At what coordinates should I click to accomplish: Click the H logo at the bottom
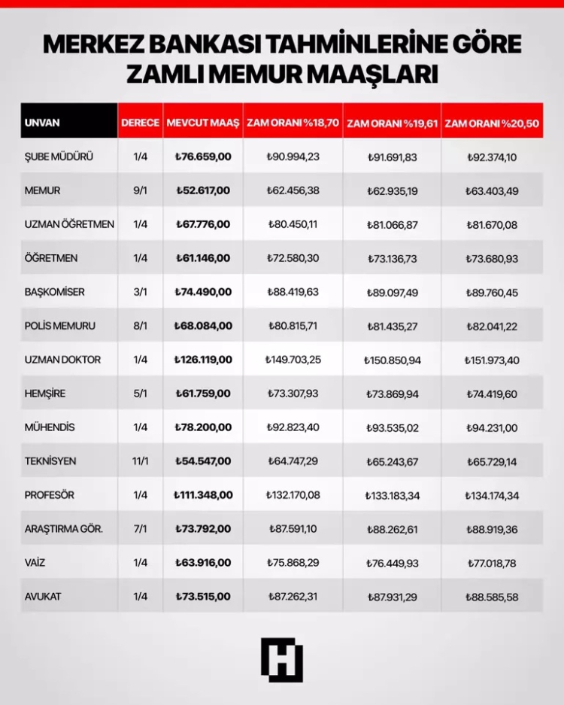pos(282,659)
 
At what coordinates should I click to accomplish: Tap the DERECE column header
pos(140,122)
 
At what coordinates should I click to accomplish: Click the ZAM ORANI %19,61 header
pos(393,123)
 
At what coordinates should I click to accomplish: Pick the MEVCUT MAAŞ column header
pos(202,122)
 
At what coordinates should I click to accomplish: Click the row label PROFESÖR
pos(51,495)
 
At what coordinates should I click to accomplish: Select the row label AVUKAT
pos(44,597)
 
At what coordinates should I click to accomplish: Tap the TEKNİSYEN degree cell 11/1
pos(140,461)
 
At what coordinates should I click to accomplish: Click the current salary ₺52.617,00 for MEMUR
pos(202,190)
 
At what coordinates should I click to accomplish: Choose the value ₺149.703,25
pos(293,360)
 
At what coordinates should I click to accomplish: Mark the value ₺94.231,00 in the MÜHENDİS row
pos(491,427)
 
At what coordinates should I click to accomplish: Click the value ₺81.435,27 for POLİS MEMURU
pos(393,326)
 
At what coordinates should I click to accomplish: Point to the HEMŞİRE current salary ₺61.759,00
pos(202,394)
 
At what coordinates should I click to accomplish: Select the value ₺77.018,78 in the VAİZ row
pos(491,563)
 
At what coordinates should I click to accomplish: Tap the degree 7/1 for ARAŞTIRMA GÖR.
pos(140,529)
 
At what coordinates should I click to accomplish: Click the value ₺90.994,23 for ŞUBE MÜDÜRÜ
pos(293,156)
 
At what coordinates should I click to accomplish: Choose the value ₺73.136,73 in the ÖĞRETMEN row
pos(393,258)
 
